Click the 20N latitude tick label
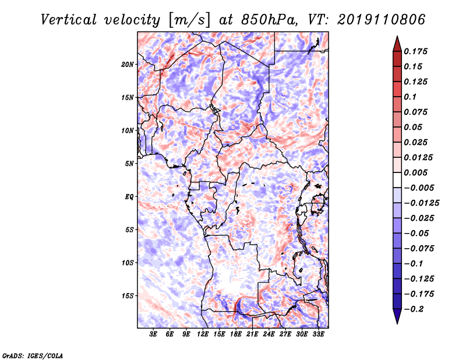(x=128, y=65)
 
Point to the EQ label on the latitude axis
(x=129, y=197)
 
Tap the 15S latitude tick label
(x=128, y=296)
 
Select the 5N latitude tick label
(x=129, y=164)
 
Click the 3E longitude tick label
(x=153, y=334)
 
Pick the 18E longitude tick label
(x=235, y=334)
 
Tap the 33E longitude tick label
(x=318, y=334)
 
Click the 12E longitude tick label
(x=202, y=334)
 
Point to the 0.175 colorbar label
(x=415, y=51)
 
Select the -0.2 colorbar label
(x=414, y=309)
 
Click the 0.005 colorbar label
(x=415, y=172)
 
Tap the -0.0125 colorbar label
(x=421, y=203)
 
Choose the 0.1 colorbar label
(x=410, y=97)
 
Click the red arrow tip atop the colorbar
(x=397, y=36)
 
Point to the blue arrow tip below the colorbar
(x=397, y=323)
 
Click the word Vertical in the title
(x=69, y=20)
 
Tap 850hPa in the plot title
(x=269, y=20)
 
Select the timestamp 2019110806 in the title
(x=381, y=20)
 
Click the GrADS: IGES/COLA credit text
(x=33, y=356)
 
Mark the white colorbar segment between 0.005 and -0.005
(x=397, y=180)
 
